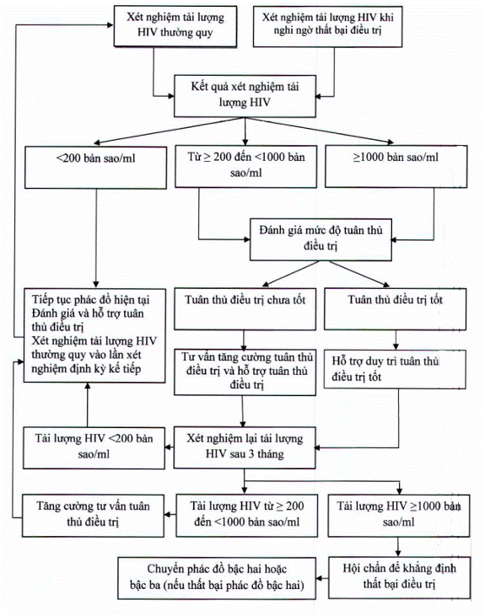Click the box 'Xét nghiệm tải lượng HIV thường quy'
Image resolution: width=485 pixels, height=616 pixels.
[175, 26]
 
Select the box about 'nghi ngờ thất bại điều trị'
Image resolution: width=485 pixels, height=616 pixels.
[327, 26]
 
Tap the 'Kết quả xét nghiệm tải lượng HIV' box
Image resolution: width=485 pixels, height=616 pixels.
[245, 96]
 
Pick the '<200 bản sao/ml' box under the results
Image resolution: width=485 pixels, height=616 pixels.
[95, 168]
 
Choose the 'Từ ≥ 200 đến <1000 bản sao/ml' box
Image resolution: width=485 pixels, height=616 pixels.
[245, 166]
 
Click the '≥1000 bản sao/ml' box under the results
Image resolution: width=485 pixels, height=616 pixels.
[396, 166]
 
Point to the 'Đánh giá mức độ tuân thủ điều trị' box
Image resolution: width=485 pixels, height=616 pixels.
[321, 239]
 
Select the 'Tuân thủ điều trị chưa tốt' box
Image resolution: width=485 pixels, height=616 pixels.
[245, 309]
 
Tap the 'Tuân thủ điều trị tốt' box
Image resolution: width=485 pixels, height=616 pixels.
[395, 309]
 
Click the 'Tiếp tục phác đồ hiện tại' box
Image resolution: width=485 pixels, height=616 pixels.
[94, 335]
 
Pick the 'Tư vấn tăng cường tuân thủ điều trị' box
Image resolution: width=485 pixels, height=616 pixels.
[245, 372]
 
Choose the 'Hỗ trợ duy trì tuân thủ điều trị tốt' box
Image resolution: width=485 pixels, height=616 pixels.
[395, 369]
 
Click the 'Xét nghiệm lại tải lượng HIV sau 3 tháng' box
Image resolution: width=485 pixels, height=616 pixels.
[245, 447]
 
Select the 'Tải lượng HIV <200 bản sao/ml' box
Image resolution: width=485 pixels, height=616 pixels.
[94, 447]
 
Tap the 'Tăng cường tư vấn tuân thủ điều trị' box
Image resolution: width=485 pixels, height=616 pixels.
[93, 516]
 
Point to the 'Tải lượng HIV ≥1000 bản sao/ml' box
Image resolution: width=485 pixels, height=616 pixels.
[399, 516]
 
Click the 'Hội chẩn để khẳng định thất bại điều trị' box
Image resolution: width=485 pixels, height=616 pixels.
[399, 577]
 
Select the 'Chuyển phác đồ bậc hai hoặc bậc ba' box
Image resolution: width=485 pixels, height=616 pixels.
[217, 578]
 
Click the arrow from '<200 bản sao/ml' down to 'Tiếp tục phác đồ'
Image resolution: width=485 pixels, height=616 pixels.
[96, 238]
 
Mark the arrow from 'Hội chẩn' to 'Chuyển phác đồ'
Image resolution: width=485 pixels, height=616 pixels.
[322, 578]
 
